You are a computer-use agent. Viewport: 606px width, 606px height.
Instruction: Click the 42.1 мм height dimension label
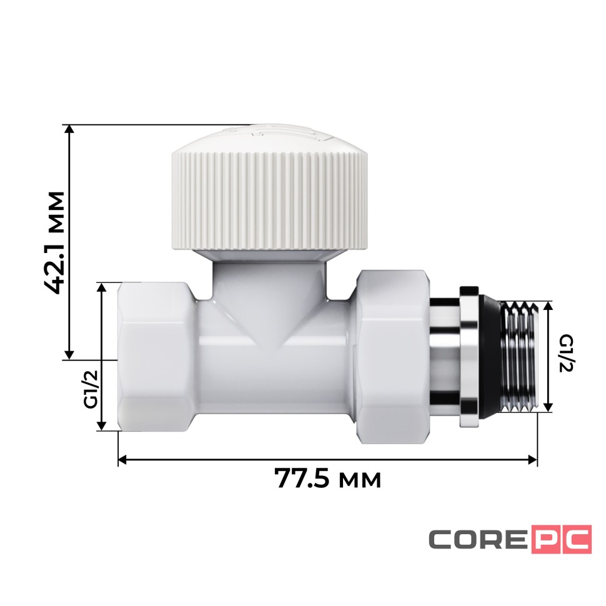click(x=56, y=242)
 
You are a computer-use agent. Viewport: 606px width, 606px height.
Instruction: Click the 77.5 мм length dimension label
click(x=327, y=480)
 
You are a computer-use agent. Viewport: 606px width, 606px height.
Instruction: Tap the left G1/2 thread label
click(x=91, y=389)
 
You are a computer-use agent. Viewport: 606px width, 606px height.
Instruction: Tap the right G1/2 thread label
click(x=565, y=354)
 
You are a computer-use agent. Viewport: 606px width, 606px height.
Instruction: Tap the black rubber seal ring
click(x=492, y=357)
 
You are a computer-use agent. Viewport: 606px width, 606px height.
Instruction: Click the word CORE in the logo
click(x=477, y=540)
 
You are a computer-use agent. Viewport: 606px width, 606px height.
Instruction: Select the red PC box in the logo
click(x=561, y=540)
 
